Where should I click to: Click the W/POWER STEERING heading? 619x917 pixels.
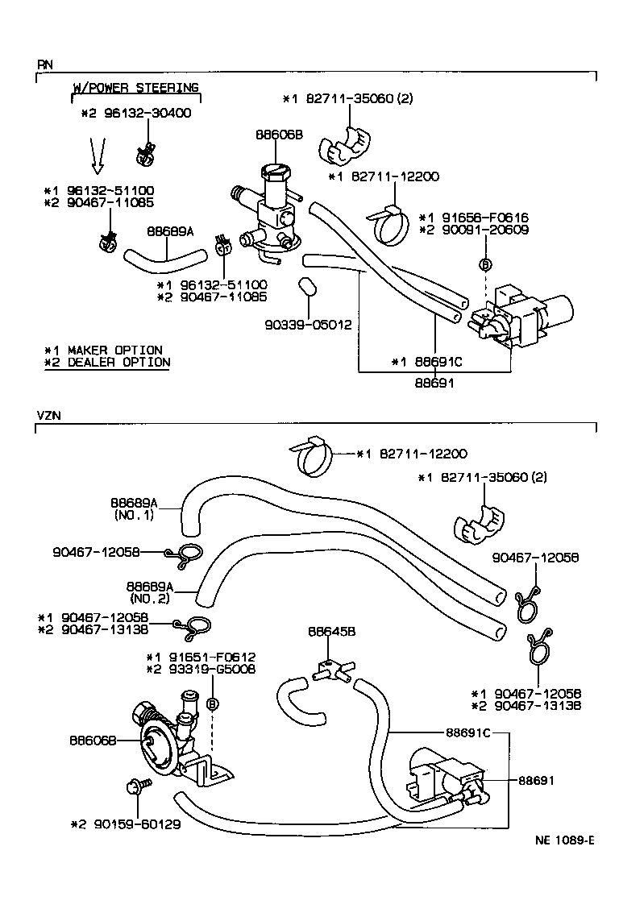click(135, 87)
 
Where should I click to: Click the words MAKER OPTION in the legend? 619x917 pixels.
click(114, 350)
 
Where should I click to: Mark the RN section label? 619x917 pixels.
click(44, 63)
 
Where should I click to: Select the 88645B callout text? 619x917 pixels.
click(326, 633)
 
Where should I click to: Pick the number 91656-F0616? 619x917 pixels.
click(480, 218)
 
